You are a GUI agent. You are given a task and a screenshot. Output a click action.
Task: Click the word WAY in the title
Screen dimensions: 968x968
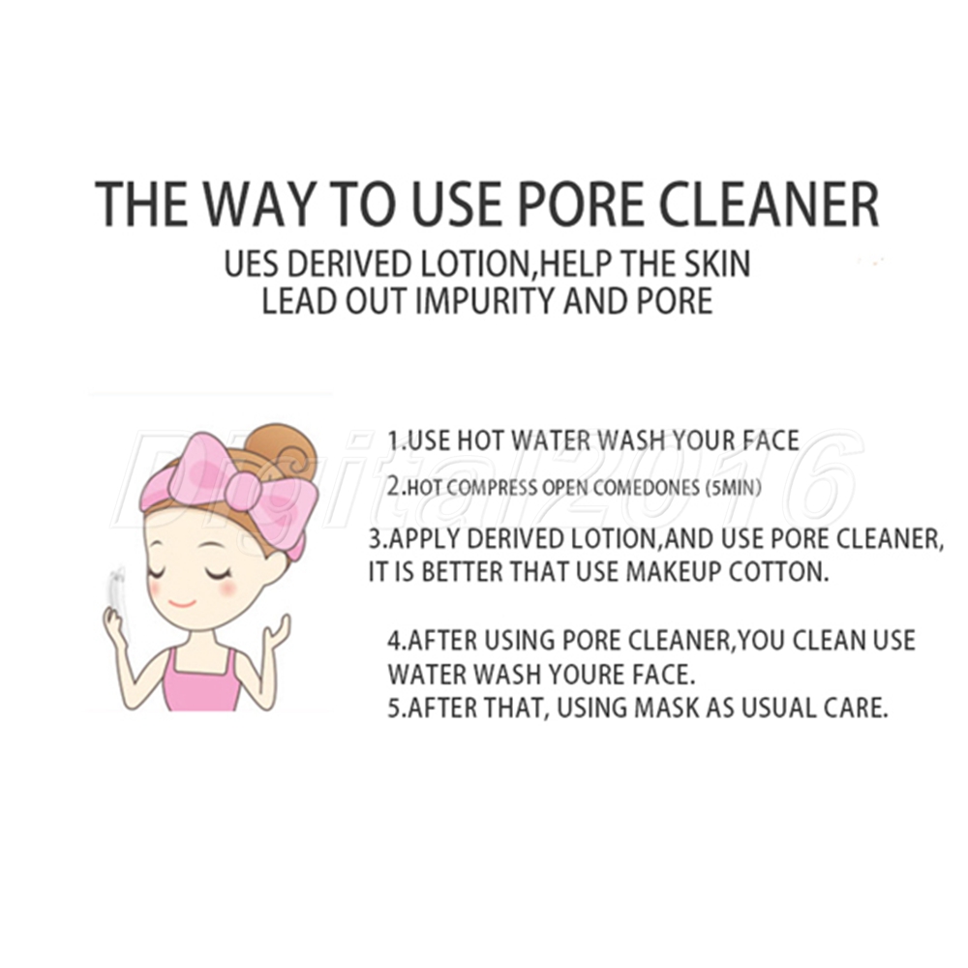(259, 204)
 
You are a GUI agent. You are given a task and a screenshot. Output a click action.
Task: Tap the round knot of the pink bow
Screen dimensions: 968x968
(242, 491)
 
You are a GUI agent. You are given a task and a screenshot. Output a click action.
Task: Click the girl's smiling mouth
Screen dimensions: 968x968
(182, 603)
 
